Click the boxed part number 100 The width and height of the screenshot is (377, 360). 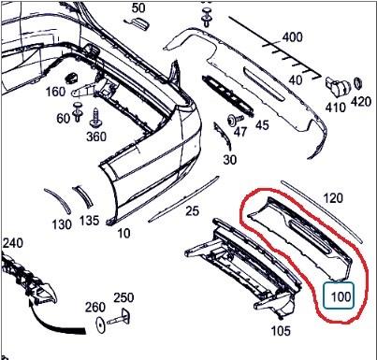(341, 296)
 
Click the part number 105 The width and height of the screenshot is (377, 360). (281, 331)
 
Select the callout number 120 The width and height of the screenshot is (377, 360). (333, 198)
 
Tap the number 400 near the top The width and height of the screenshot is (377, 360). (293, 37)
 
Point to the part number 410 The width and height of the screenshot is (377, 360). (336, 108)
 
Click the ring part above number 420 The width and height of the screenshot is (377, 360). (359, 83)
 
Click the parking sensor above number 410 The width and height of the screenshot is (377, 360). (338, 85)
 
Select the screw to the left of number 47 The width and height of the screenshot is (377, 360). (235, 120)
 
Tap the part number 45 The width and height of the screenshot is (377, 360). (262, 125)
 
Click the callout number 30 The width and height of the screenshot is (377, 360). (230, 160)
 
